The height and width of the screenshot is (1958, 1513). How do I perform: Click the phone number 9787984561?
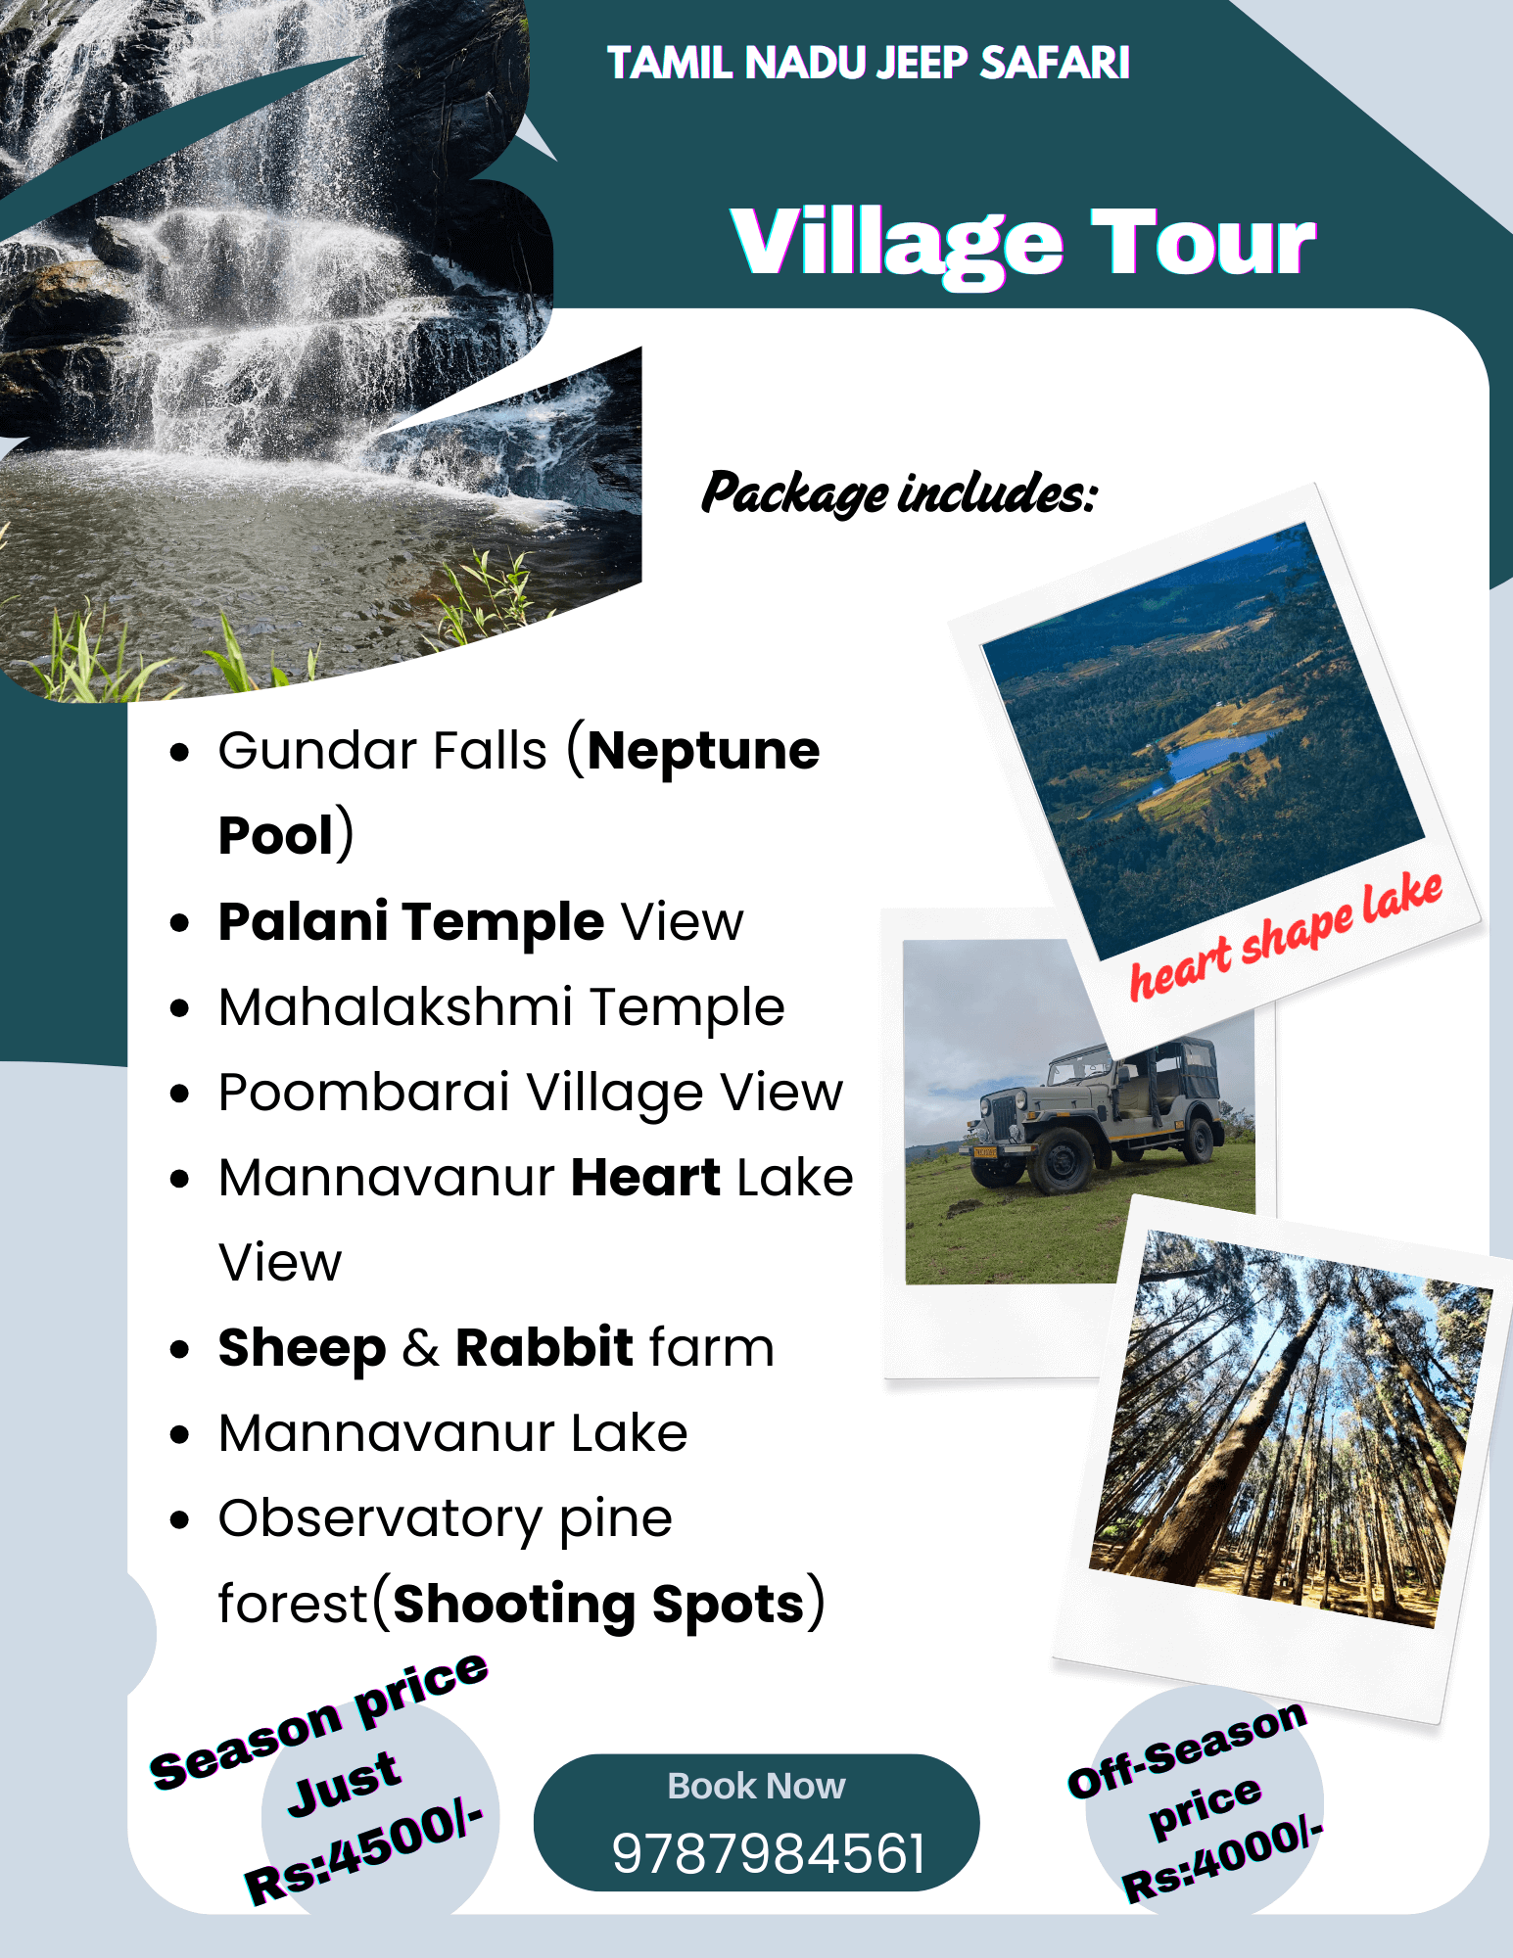click(x=768, y=1853)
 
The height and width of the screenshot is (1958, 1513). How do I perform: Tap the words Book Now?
click(x=756, y=1786)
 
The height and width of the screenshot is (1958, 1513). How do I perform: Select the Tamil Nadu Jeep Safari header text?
click(x=869, y=63)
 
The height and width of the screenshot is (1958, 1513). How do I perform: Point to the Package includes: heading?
click(x=899, y=492)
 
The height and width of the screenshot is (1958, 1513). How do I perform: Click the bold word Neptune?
click(x=703, y=751)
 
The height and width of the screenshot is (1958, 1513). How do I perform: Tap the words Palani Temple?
click(x=411, y=922)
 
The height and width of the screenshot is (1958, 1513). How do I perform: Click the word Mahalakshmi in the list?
click(x=396, y=1007)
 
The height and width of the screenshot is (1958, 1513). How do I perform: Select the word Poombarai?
click(x=364, y=1093)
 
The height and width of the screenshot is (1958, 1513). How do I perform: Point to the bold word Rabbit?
click(x=544, y=1347)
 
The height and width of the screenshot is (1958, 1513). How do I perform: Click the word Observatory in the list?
click(x=380, y=1519)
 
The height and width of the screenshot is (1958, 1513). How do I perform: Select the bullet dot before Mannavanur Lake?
click(x=179, y=1435)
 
